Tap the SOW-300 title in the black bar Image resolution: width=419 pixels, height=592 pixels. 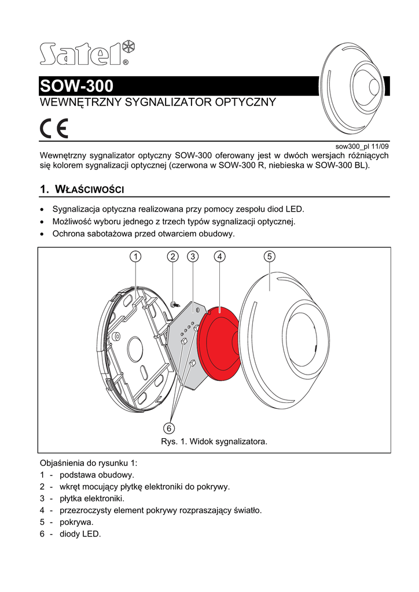coord(77,87)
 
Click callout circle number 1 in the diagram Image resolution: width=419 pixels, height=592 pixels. coord(135,256)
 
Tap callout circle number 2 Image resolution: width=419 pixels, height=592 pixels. coord(172,256)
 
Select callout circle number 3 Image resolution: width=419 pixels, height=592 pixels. coord(193,256)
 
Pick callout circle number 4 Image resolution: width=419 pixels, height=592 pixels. coord(219,256)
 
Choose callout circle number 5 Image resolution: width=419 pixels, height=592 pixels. coord(269,256)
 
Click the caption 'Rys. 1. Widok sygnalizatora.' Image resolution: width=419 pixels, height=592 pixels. coord(214,442)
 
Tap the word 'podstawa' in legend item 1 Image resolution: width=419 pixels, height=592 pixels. coord(77,474)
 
